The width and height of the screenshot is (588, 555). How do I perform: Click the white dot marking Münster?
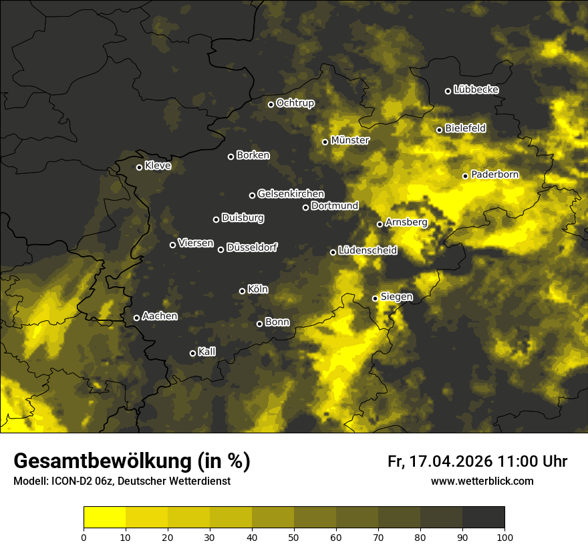[325, 142]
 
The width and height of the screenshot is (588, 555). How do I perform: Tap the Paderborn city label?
[494, 175]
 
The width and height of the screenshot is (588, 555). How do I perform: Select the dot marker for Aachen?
[136, 318]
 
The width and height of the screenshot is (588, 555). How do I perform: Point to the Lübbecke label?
[476, 90]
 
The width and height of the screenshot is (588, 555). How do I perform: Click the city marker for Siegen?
[375, 298]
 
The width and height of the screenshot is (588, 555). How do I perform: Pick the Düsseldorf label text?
[252, 247]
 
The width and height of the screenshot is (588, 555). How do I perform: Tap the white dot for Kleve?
[139, 167]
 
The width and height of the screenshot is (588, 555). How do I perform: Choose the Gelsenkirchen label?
[291, 194]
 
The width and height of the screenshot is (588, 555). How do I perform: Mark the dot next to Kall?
[192, 353]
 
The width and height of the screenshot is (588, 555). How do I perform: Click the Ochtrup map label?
[295, 103]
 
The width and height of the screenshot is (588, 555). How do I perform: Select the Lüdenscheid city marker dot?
[333, 252]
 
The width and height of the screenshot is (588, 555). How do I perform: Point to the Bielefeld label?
[465, 128]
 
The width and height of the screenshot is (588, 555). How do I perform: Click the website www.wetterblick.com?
[482, 481]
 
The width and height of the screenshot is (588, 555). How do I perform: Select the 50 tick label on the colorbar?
[294, 536]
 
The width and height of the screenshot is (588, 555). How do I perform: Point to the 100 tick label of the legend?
[504, 536]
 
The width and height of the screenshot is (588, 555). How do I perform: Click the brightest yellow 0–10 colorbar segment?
[105, 518]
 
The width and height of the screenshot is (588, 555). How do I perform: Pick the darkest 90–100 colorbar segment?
[483, 518]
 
